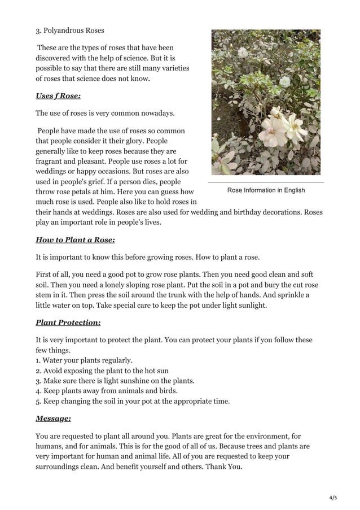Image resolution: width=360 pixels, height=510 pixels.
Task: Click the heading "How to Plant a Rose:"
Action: point(75,240)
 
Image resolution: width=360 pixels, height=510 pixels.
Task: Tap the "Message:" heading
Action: point(53,419)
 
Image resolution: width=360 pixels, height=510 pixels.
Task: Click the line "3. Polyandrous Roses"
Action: point(70,30)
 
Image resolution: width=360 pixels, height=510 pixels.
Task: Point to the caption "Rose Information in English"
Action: point(266,190)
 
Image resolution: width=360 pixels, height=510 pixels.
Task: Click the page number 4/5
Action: point(332,498)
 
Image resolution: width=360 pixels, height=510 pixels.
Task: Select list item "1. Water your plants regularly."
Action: point(84,360)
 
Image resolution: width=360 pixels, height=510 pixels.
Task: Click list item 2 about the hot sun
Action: point(102,370)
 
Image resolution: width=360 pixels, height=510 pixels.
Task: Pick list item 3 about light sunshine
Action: point(115,381)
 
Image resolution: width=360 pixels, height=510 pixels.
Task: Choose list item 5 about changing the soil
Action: point(133,401)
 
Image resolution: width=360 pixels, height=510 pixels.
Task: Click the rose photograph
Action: point(266,102)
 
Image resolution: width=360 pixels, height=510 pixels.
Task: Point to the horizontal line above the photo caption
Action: point(266,182)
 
